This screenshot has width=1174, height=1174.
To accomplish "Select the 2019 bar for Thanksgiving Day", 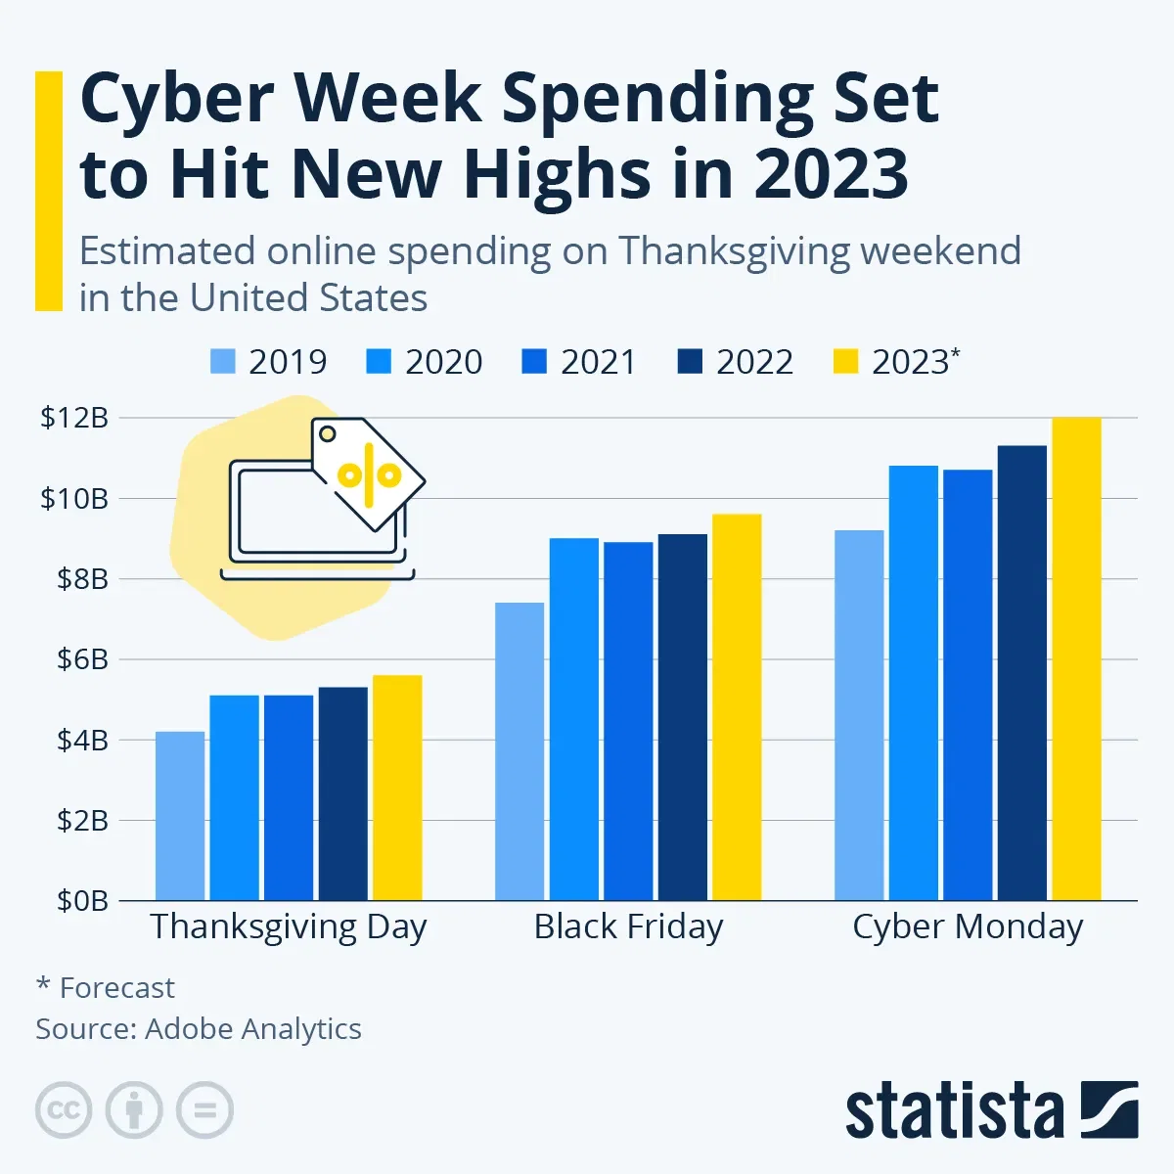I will [180, 816].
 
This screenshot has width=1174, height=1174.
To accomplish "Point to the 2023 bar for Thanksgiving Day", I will [397, 788].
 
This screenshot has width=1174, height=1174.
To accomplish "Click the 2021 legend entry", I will [579, 362].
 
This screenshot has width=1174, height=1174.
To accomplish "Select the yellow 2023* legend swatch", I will [844, 362].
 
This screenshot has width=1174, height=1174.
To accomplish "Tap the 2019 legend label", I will [287, 362].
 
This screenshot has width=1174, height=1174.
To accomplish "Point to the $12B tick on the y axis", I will [74, 418].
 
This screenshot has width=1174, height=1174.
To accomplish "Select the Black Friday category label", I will [628, 926].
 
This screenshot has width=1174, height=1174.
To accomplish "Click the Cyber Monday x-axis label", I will [968, 926].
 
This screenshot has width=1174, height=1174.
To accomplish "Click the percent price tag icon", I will [368, 474].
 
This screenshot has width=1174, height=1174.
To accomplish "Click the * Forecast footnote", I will [106, 988].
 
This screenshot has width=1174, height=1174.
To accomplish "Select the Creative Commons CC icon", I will [64, 1110].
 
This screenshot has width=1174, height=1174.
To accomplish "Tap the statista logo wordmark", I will [954, 1110].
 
